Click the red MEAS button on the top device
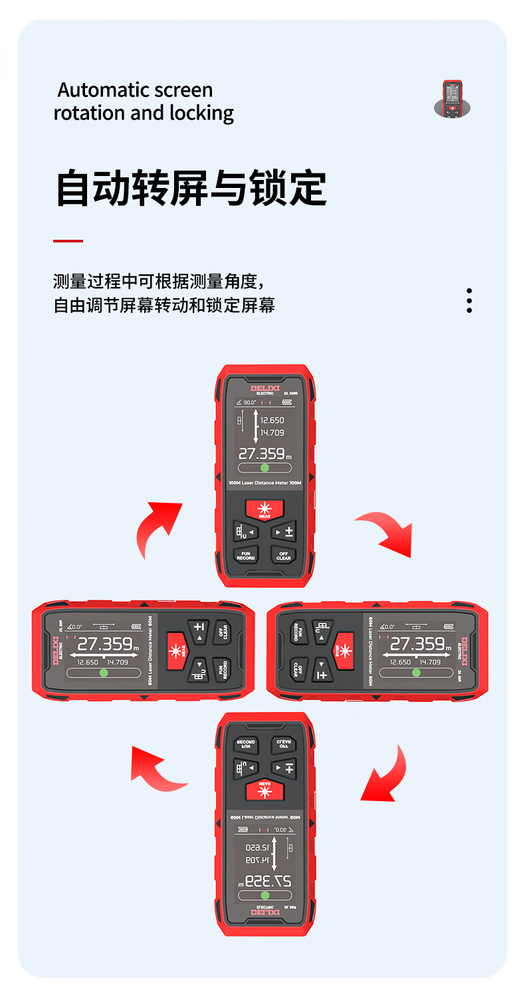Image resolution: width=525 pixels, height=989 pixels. [x=264, y=509]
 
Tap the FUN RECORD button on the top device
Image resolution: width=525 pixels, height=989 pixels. [x=246, y=555]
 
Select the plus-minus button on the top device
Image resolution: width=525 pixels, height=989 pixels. [x=284, y=532]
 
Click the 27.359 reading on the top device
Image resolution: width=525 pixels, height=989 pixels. [x=262, y=454]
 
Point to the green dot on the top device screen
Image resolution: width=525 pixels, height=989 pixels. [x=264, y=468]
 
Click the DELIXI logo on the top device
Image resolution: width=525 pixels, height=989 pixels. [x=265, y=389]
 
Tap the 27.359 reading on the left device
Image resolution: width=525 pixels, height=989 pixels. [x=105, y=644]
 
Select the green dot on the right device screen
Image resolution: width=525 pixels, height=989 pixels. [x=416, y=672]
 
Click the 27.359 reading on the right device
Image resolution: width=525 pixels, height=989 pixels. [x=417, y=644]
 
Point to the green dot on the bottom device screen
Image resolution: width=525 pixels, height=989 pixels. [x=265, y=895]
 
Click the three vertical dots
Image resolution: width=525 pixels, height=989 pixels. [x=469, y=300]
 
